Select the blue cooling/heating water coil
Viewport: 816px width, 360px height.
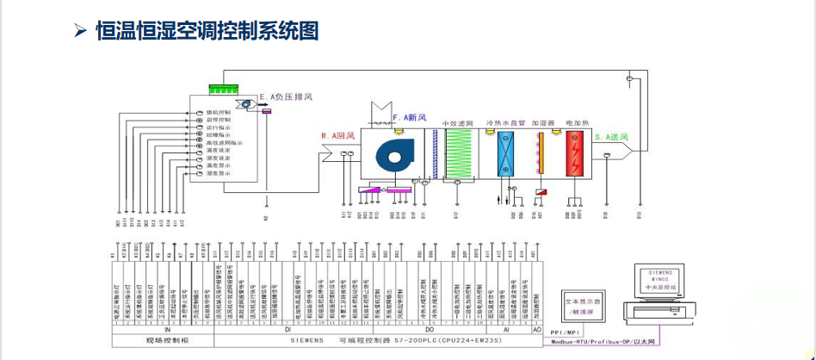click(505, 155)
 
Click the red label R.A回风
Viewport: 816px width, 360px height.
click(338, 136)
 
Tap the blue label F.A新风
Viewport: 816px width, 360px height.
click(410, 117)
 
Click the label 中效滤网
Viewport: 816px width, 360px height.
click(459, 124)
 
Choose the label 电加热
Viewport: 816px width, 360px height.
click(576, 124)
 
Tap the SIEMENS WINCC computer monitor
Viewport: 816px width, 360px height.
click(666, 281)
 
